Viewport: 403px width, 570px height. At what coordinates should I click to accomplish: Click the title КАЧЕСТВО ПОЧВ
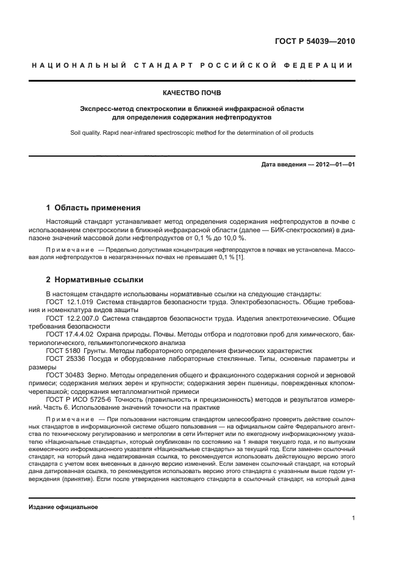point(191,93)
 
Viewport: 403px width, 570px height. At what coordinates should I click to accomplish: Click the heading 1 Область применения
point(93,207)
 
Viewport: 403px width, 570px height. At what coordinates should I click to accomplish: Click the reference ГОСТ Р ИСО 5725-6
point(77,399)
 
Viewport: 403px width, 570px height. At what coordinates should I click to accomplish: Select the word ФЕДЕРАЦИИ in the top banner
point(326,65)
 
